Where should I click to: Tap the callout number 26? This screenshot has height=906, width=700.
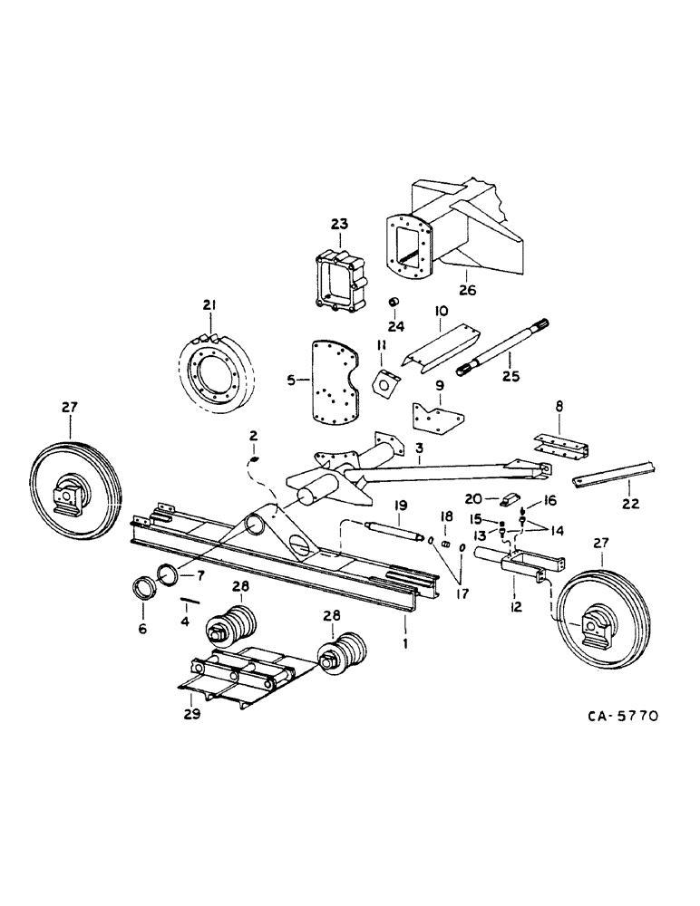coord(467,291)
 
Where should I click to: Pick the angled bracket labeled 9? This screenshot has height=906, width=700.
coord(437,417)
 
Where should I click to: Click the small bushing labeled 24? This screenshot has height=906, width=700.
coord(394,302)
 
